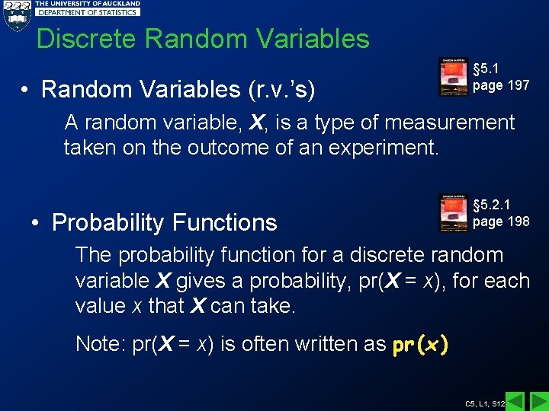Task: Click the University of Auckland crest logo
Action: (17, 16)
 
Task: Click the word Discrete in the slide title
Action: (82, 39)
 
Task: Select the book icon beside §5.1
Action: (454, 77)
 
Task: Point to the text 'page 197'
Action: (501, 85)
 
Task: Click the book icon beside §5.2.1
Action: (454, 213)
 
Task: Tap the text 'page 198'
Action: (501, 221)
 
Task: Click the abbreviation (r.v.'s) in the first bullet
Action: (283, 90)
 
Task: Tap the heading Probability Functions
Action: (164, 223)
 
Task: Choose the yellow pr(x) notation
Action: (420, 345)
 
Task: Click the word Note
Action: (101, 345)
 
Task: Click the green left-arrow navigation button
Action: (515, 401)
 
